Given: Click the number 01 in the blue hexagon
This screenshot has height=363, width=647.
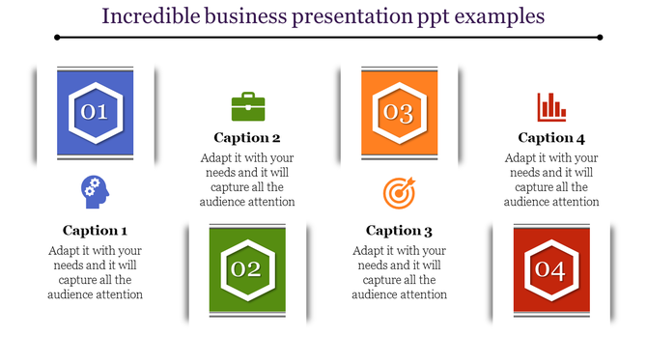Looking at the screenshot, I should [x=94, y=113].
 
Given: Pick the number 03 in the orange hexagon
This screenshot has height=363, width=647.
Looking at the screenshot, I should [x=399, y=113].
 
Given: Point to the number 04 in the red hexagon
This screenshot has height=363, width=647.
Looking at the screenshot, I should [x=550, y=269].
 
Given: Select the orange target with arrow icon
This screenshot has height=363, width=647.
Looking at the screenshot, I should [x=398, y=193].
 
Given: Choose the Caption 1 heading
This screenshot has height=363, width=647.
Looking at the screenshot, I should [x=95, y=231].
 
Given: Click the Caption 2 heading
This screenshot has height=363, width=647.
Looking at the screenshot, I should [x=247, y=138].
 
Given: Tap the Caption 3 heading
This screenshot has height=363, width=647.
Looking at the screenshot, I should [x=399, y=231].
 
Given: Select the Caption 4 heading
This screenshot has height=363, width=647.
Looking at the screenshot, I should [x=551, y=138].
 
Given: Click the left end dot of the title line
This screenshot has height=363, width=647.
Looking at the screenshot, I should [x=57, y=38].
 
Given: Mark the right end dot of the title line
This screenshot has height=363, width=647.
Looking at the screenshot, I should [x=600, y=38].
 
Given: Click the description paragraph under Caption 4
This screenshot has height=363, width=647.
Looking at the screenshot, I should [x=551, y=180].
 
